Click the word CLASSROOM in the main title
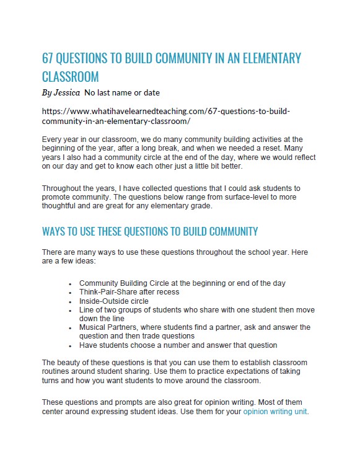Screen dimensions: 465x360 pos(71,77)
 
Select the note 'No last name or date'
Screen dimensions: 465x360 pos(122,93)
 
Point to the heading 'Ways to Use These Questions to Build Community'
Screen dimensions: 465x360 pos(149,232)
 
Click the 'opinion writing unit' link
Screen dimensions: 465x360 pos(274,411)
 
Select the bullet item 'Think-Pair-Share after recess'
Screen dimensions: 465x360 pos(129,291)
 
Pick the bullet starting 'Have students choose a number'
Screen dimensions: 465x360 pos(178,345)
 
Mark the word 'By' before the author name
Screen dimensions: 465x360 pos(47,93)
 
